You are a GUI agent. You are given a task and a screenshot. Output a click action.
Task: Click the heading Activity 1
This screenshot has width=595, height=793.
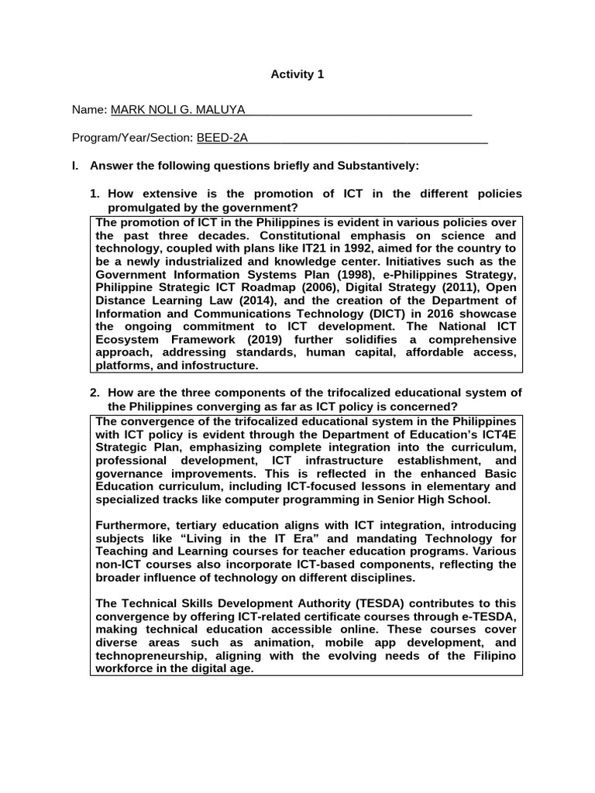click(x=297, y=74)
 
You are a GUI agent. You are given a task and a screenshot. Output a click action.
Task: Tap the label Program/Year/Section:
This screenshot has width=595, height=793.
click(x=132, y=138)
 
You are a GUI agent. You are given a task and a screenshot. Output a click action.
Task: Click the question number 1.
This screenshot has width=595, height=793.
click(x=95, y=194)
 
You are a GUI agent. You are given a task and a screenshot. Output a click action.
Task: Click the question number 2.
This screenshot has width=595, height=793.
click(x=95, y=393)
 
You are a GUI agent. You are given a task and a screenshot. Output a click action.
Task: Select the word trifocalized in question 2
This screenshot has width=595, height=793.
click(x=317, y=393)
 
